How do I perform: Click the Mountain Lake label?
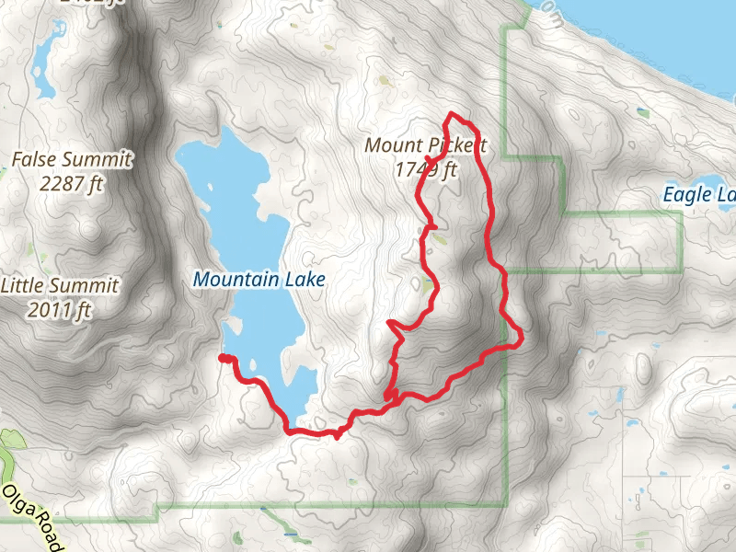[x=259, y=279]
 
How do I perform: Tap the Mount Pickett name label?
[x=425, y=146]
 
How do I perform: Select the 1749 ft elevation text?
[x=426, y=169]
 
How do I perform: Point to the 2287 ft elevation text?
[x=72, y=183]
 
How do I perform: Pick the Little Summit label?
[x=60, y=286]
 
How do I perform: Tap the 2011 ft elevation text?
[x=60, y=310]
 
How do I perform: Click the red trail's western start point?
[x=223, y=358]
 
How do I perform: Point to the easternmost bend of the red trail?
[x=522, y=338]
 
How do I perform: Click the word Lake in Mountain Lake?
[x=304, y=279]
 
